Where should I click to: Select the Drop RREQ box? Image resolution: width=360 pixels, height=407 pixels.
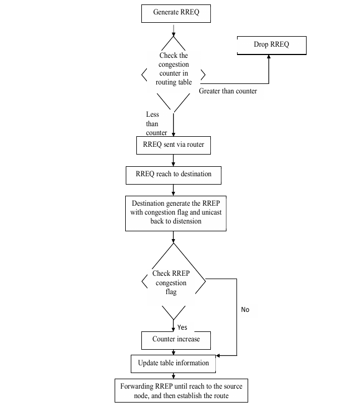click(272, 44)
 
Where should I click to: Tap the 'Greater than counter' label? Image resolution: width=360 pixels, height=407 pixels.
click(228, 91)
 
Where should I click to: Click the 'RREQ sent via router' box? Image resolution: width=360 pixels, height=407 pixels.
click(174, 146)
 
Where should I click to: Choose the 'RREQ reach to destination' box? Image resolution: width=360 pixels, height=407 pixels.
click(174, 174)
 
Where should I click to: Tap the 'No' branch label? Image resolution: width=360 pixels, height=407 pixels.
click(245, 309)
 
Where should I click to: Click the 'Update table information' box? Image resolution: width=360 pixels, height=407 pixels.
click(174, 363)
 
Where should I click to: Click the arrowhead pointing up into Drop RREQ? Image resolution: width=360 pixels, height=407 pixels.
click(268, 58)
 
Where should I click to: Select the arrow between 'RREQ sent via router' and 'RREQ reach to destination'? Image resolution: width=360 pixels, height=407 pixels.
click(174, 160)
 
